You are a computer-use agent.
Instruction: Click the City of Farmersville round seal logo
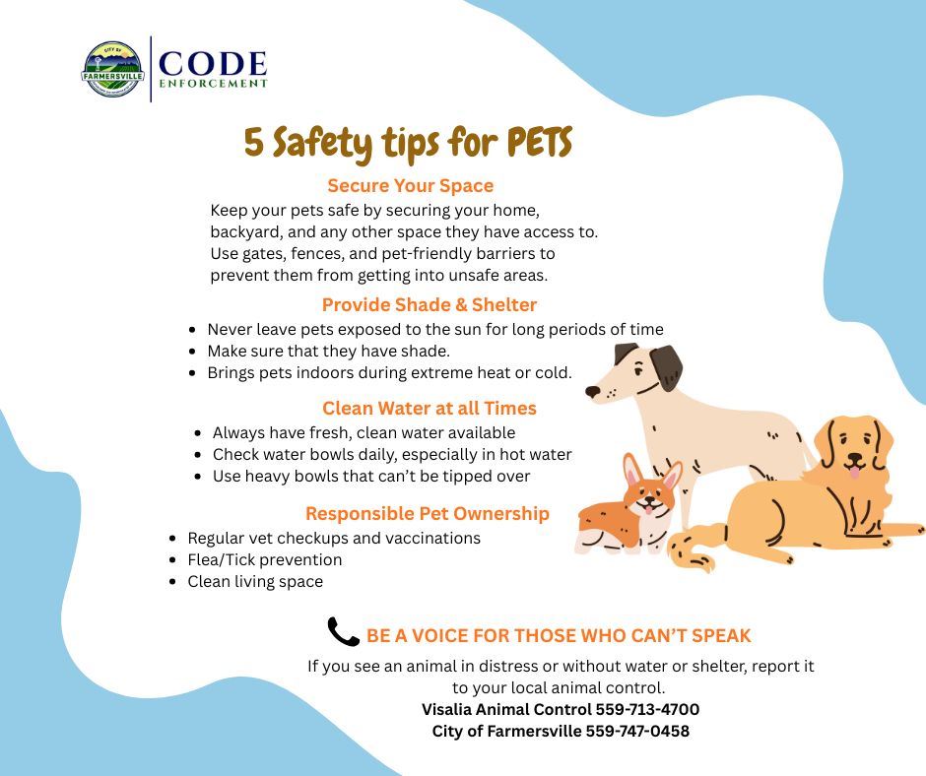pyautogui.click(x=113, y=69)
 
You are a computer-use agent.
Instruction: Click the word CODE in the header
pyautogui.click(x=213, y=64)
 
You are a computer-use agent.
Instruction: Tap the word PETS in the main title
pyautogui.click(x=539, y=144)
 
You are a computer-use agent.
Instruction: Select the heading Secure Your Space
pyautogui.click(x=410, y=185)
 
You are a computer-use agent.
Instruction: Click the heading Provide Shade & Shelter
pyautogui.click(x=429, y=304)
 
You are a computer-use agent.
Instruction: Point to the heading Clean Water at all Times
pyautogui.click(x=429, y=408)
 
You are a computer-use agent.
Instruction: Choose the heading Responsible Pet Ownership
pyautogui.click(x=427, y=513)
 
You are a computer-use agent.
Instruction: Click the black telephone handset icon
pyautogui.click(x=343, y=632)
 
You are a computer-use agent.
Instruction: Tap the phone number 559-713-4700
pyautogui.click(x=647, y=709)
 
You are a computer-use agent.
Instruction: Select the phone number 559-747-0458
pyautogui.click(x=637, y=731)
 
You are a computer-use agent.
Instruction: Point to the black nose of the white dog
pyautogui.click(x=592, y=392)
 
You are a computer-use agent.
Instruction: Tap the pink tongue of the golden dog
pyautogui.click(x=853, y=473)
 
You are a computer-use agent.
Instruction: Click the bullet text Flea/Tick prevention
pyautogui.click(x=264, y=559)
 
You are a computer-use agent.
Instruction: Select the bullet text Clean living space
pyautogui.click(x=254, y=581)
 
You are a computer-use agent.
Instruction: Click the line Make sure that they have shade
pyautogui.click(x=328, y=351)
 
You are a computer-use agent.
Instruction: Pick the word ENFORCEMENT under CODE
pyautogui.click(x=213, y=85)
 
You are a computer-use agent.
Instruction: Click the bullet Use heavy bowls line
pyautogui.click(x=371, y=476)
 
